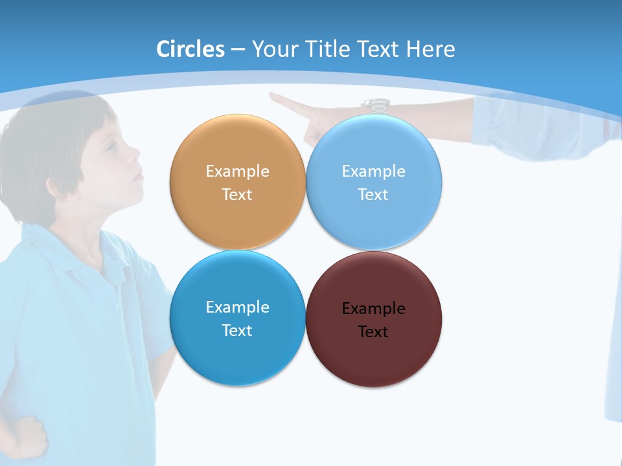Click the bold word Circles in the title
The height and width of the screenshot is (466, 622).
tap(190, 49)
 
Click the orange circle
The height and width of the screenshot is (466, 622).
tap(237, 182)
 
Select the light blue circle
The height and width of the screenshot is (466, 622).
tap(374, 182)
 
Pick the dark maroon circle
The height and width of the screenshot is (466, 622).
tap(374, 319)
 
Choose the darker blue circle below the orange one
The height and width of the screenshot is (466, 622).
tap(237, 318)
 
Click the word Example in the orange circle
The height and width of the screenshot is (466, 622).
tap(237, 171)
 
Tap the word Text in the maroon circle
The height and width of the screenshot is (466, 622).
tap(373, 332)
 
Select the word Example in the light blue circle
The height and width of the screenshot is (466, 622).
tap(373, 171)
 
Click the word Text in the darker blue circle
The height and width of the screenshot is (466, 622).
tap(237, 330)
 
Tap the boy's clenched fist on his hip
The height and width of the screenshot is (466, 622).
tap(26, 437)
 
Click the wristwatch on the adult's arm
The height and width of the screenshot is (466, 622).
tap(374, 105)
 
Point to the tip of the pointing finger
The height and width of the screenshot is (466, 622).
tap(272, 96)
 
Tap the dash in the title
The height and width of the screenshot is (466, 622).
tap(237, 49)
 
